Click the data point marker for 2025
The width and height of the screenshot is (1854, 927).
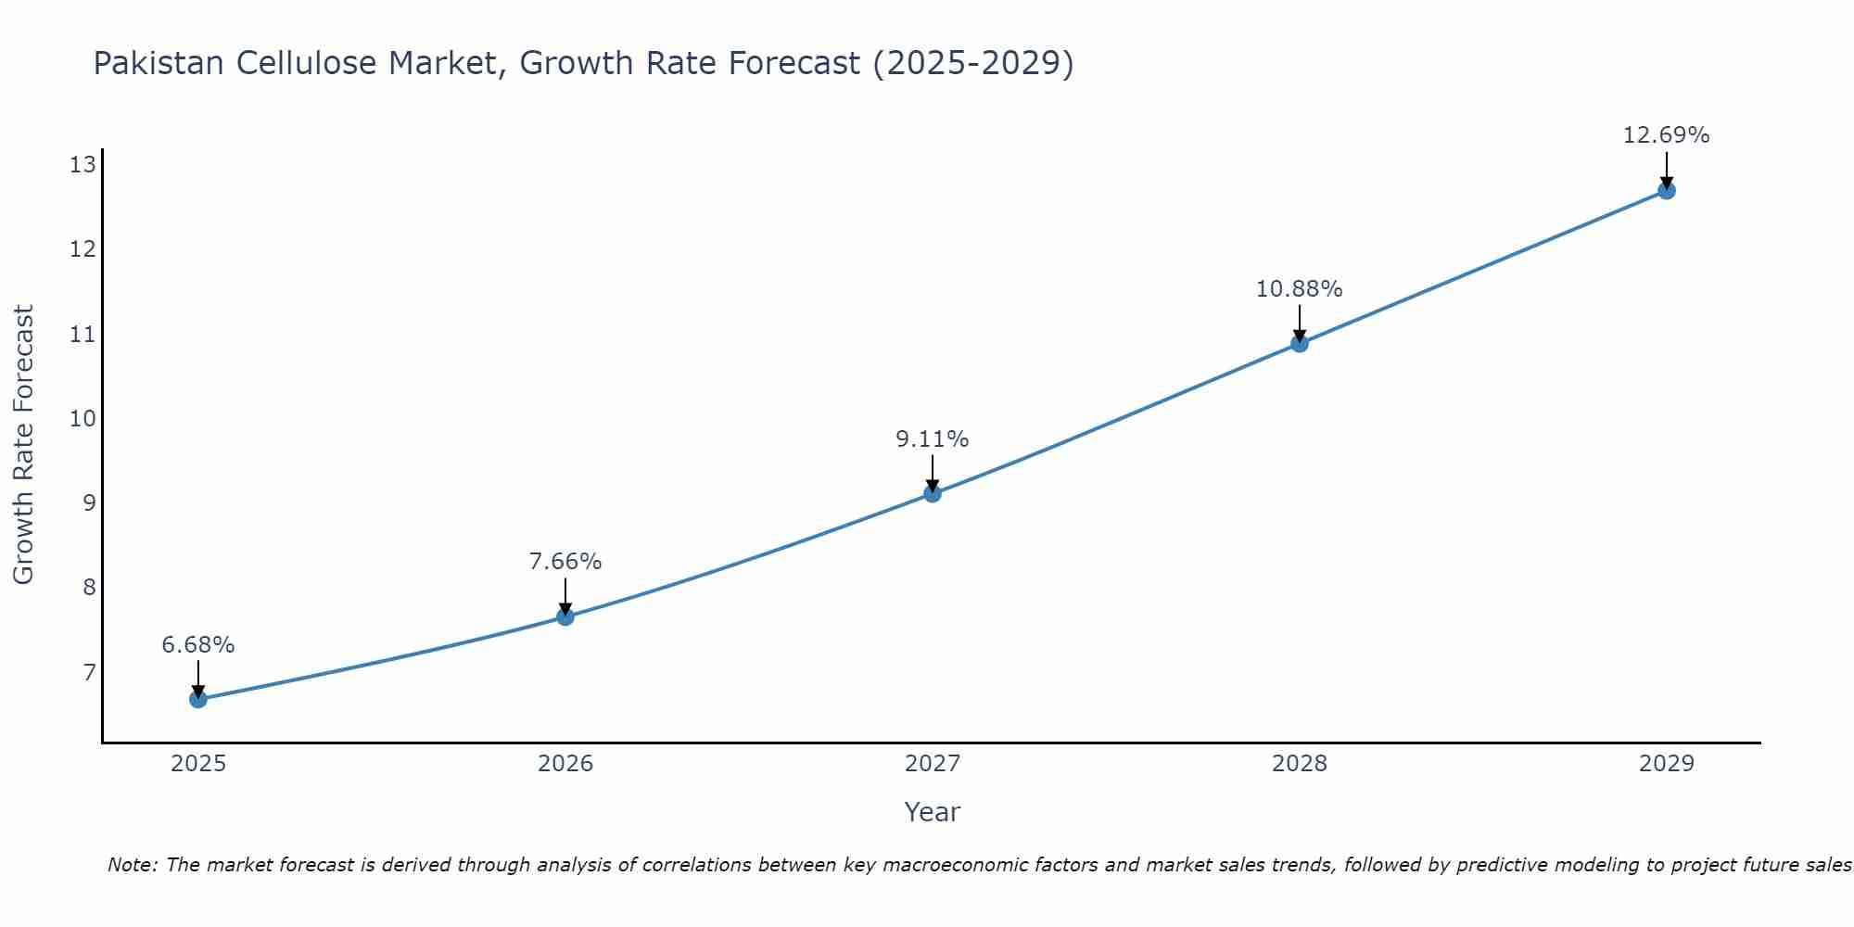198,699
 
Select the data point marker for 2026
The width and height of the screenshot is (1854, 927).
565,616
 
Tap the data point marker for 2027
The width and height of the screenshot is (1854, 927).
933,493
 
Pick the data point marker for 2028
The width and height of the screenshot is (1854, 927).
1300,344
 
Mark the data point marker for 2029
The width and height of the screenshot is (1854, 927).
1666,191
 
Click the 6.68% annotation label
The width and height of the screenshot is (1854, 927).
198,645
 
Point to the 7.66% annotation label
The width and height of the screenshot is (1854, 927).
565,562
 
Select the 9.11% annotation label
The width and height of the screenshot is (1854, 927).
933,439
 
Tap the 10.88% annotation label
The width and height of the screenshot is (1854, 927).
1299,289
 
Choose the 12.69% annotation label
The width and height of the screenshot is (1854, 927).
1666,135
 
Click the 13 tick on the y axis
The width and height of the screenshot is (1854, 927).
83,165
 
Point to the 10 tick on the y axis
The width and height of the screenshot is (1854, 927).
83,418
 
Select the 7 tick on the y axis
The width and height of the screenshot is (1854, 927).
89,671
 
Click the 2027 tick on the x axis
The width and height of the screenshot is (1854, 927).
933,764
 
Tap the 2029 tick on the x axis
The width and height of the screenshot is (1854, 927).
1666,764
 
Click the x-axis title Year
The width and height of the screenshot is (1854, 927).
933,812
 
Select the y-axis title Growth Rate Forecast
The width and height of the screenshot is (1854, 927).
24,445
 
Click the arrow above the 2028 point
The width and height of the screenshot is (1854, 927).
1300,323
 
